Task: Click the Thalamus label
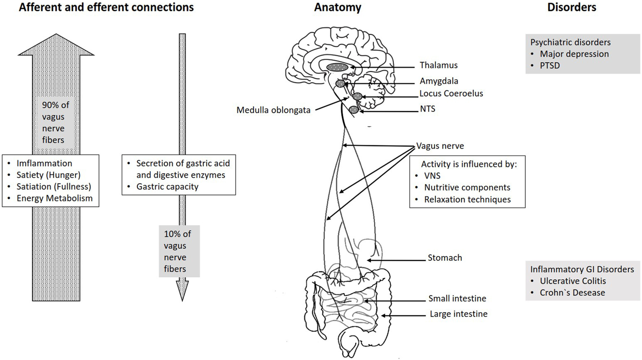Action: (438, 65)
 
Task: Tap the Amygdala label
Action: (439, 81)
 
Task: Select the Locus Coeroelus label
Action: (451, 93)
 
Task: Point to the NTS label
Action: (428, 109)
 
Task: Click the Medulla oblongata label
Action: (273, 110)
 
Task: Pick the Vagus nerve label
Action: (440, 146)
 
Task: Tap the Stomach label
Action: (445, 258)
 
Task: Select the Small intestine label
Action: (457, 298)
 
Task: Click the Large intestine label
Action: (458, 314)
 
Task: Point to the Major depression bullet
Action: (574, 54)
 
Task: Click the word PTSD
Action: (550, 66)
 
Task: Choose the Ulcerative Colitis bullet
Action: (572, 281)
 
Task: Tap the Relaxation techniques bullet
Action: (467, 200)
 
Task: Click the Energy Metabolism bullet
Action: (54, 198)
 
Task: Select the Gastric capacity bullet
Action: (167, 187)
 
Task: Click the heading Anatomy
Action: (337, 7)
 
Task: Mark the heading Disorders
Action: (571, 7)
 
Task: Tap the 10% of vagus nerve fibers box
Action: (179, 251)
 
